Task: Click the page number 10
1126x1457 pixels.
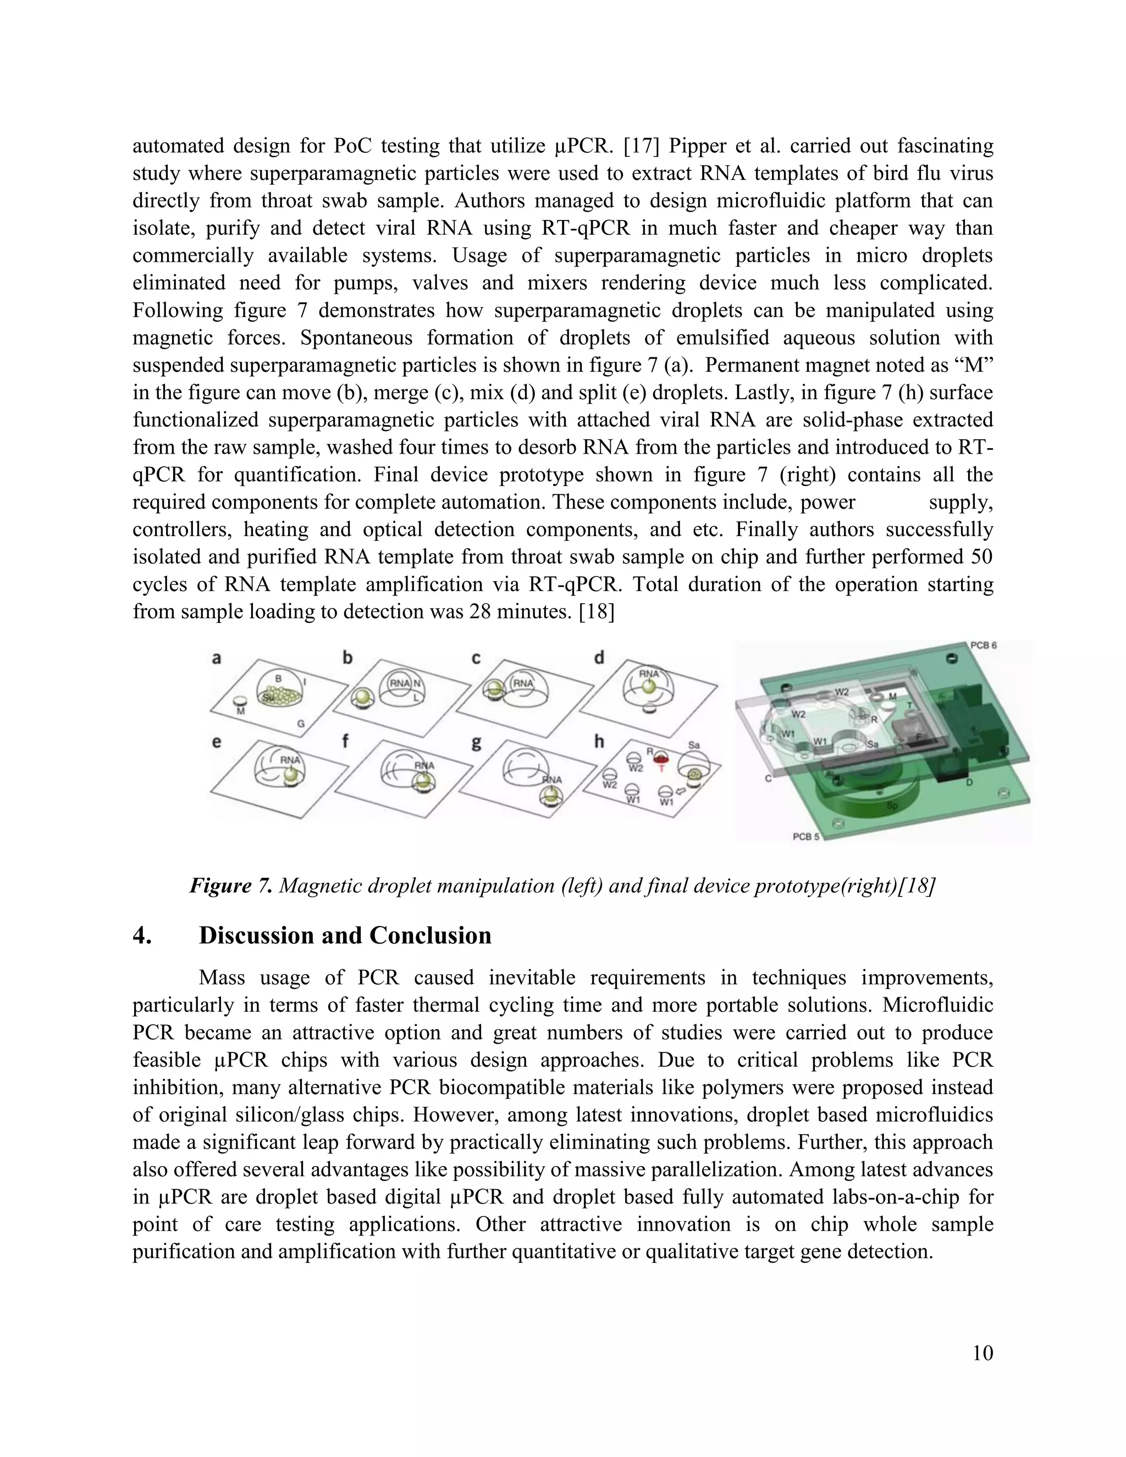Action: coord(983,1353)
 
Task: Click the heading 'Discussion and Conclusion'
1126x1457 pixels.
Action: coord(345,935)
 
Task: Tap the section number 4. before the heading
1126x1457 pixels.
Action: coord(142,935)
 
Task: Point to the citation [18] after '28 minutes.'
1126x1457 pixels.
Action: coord(597,611)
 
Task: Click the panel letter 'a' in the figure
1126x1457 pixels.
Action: coord(217,659)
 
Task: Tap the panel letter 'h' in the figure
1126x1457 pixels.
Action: coord(599,742)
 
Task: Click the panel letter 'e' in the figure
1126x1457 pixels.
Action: coord(217,742)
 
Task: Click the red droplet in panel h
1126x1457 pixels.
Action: coord(661,758)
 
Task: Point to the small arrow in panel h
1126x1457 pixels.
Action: coord(681,791)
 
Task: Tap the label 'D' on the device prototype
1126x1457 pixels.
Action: coord(970,781)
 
